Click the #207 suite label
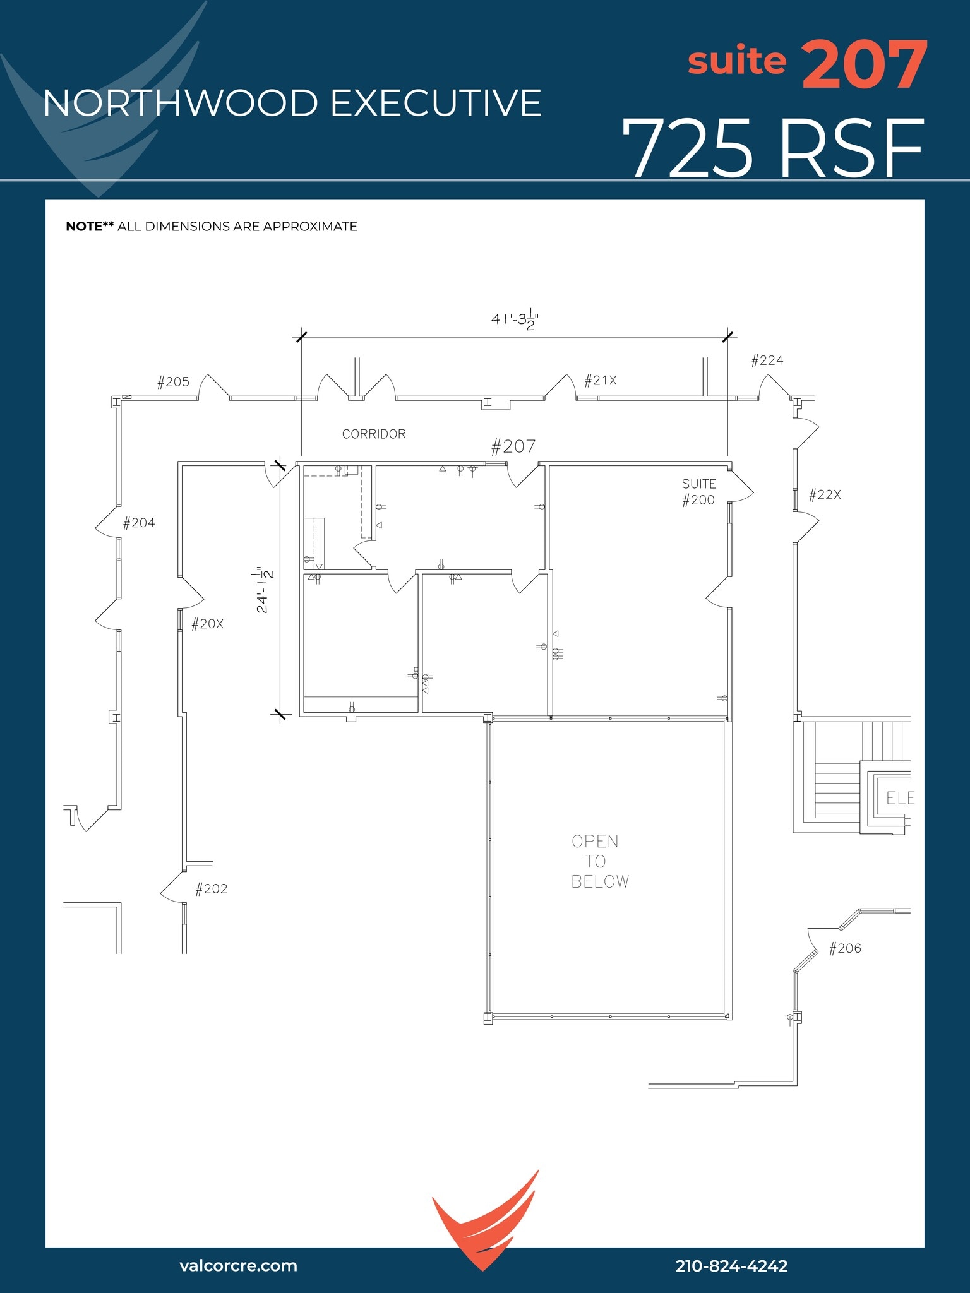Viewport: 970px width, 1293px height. [513, 447]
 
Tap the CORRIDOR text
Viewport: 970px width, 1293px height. [374, 434]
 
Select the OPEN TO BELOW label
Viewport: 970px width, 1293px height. [600, 861]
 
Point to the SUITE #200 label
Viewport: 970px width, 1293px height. [698, 492]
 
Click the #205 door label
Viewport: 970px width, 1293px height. [173, 382]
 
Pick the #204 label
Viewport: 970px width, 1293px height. [138, 523]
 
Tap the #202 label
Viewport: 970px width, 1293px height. [211, 889]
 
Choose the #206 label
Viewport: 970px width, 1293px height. [844, 948]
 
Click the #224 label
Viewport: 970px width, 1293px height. [767, 360]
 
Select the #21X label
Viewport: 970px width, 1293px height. [600, 381]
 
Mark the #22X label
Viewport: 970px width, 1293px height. [825, 495]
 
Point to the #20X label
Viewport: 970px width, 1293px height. [207, 624]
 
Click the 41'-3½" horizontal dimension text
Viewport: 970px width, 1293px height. [515, 319]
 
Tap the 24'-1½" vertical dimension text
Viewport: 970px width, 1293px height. [264, 590]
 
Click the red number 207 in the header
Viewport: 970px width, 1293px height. [864, 65]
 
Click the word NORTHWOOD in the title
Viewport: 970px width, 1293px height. [180, 104]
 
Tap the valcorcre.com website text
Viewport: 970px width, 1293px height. [238, 1265]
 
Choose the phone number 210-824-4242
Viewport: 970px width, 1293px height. [731, 1265]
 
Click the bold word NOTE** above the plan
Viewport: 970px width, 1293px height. [90, 227]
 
